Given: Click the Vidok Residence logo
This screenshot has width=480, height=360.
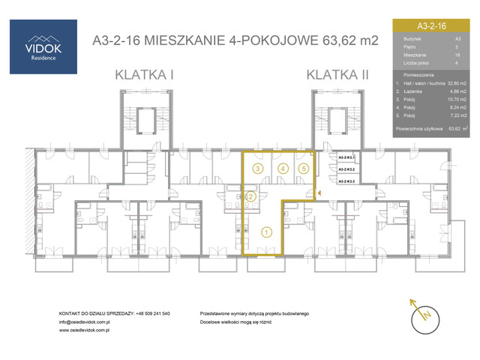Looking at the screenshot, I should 42,46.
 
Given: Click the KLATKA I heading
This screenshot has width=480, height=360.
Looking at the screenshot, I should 145,74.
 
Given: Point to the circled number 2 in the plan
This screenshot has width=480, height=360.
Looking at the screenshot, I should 252,196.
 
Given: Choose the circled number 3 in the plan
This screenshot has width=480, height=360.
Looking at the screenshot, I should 257,169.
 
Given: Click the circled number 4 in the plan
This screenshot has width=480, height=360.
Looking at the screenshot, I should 282,169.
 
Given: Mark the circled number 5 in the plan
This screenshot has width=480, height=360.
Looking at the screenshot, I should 303,169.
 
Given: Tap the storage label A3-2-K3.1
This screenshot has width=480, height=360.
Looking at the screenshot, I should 346,158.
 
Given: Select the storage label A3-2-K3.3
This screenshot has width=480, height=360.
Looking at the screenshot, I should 346,181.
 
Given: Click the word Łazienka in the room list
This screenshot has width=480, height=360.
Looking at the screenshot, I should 415,90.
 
